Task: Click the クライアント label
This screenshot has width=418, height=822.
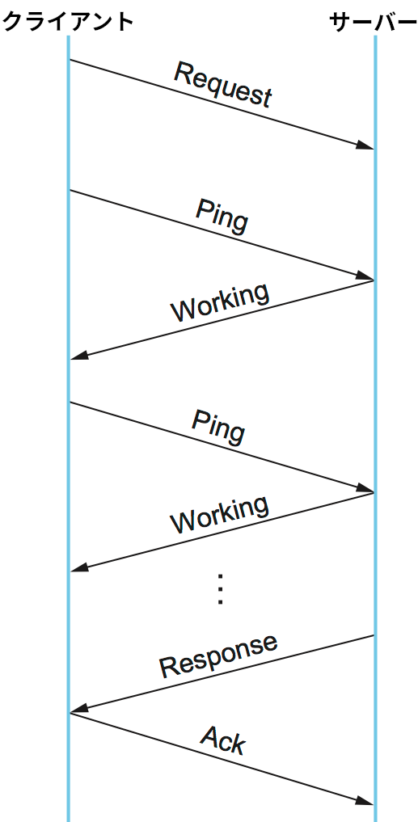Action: pos(68,22)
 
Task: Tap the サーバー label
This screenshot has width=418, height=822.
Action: pos(373,22)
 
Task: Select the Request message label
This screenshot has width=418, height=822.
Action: pos(223,84)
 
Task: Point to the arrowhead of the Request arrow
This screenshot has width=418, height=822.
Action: pos(365,145)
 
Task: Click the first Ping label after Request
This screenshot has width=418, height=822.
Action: pos(222,216)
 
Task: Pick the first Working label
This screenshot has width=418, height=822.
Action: pos(220,303)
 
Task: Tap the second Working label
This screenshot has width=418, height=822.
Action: pos(220,515)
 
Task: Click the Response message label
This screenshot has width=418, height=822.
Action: pos(218,655)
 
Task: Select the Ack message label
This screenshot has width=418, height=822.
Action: pos(223,740)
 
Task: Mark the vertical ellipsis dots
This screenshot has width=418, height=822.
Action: pos(220,590)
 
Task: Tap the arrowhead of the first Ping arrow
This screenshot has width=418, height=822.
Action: pos(365,276)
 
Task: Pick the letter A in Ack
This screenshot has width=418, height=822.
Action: pos(209,735)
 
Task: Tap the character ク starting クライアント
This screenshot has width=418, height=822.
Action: pos(14,22)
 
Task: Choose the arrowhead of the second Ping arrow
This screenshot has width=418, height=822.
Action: pos(365,488)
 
